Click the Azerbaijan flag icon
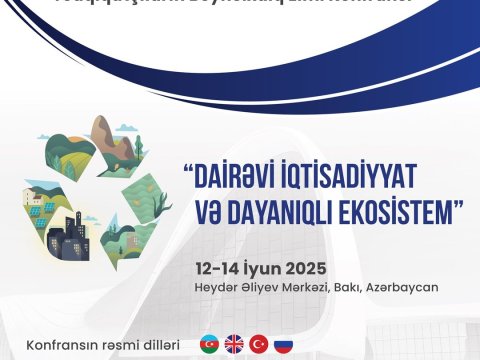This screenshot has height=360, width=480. pyautogui.click(x=210, y=345)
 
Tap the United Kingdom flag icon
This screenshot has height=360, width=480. pyautogui.click(x=235, y=345)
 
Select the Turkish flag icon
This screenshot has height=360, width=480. pyautogui.click(x=259, y=345)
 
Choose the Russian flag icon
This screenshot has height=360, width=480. pyautogui.click(x=283, y=345)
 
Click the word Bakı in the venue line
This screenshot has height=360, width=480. pyautogui.click(x=353, y=288)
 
